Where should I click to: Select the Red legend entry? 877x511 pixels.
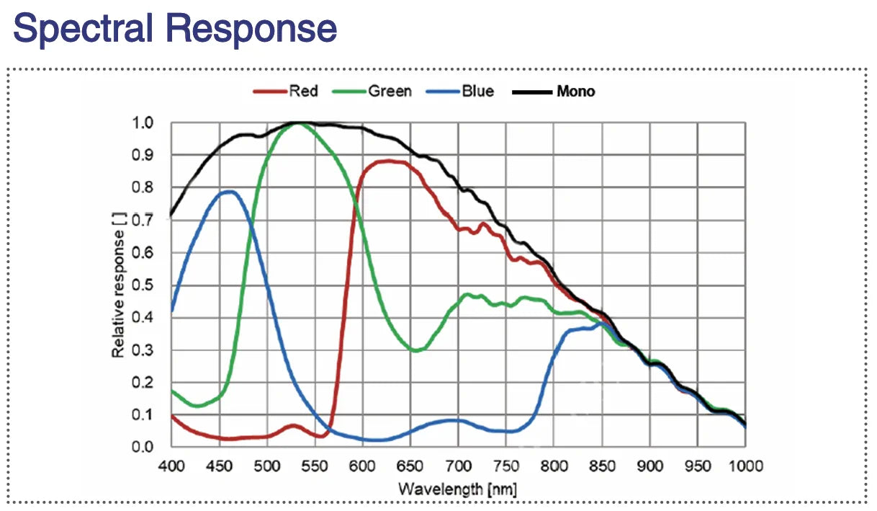point(302,92)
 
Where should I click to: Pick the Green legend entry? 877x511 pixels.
point(389,92)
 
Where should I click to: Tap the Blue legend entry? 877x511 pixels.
point(477,92)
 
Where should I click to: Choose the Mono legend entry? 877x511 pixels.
point(575,92)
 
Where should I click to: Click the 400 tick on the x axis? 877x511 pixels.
point(171,466)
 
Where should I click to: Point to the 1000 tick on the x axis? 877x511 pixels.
point(745,466)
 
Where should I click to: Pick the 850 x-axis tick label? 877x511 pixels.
point(602,466)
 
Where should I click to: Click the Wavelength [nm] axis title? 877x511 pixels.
point(458,489)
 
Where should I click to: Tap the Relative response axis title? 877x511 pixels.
point(118,285)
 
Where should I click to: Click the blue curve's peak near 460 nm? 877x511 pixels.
point(229,192)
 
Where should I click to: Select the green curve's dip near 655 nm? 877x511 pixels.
point(416,350)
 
